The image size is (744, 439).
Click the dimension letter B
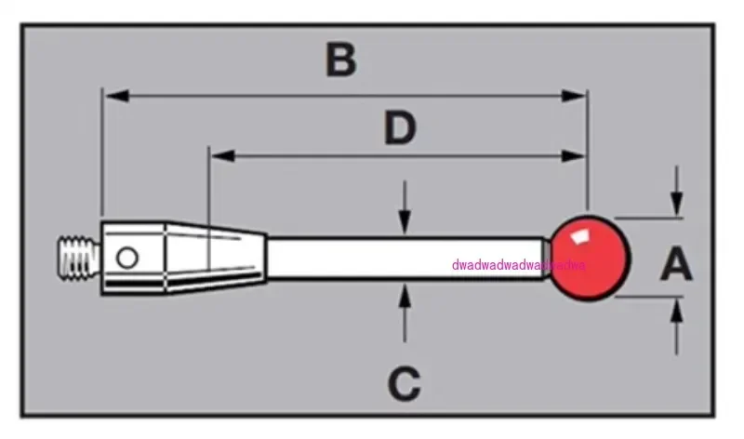pos(341,60)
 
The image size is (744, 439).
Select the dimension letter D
pos(399,129)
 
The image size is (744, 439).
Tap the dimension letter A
pos(676,266)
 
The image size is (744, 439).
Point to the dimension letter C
pos(404,381)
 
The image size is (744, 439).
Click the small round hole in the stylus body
pos(126,256)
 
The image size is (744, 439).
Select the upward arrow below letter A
pos(677,309)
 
